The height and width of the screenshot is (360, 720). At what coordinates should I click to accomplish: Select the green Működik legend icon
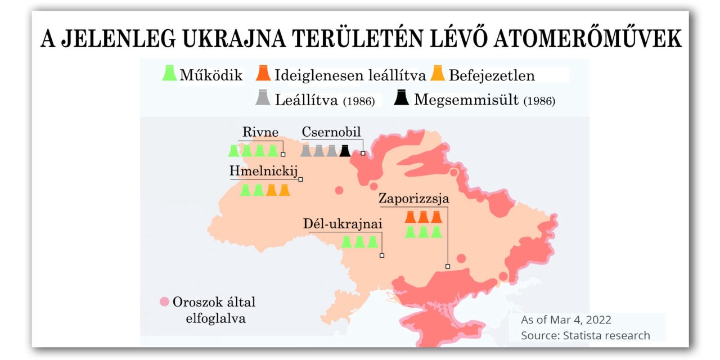[x=169, y=74]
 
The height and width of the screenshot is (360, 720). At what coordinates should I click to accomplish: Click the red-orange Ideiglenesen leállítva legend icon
[x=263, y=74]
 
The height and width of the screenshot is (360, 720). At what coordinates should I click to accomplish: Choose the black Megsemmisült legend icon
[x=402, y=99]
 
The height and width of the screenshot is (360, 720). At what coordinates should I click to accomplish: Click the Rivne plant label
[x=260, y=132]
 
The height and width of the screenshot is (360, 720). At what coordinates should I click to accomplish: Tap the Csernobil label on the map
[x=331, y=132]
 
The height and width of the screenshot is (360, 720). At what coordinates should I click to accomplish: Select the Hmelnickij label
[x=263, y=171]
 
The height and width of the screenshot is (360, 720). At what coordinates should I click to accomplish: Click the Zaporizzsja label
[x=414, y=199]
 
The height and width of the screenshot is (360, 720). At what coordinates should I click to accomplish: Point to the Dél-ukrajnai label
[x=343, y=224]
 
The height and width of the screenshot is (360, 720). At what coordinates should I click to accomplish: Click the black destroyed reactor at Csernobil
[x=345, y=151]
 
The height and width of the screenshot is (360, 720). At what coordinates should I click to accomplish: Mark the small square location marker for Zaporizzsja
[x=448, y=267]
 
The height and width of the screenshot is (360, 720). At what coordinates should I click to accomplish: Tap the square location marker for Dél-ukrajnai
[x=382, y=256]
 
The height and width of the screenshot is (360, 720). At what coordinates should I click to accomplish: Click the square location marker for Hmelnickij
[x=301, y=179]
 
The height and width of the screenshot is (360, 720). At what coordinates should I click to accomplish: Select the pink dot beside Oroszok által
[x=164, y=301]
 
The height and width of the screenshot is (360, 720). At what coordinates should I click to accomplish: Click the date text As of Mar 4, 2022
[x=566, y=320]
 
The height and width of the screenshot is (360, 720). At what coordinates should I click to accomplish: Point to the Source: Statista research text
[x=586, y=335]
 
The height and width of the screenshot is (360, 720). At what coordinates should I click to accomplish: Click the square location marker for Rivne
[x=283, y=154]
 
